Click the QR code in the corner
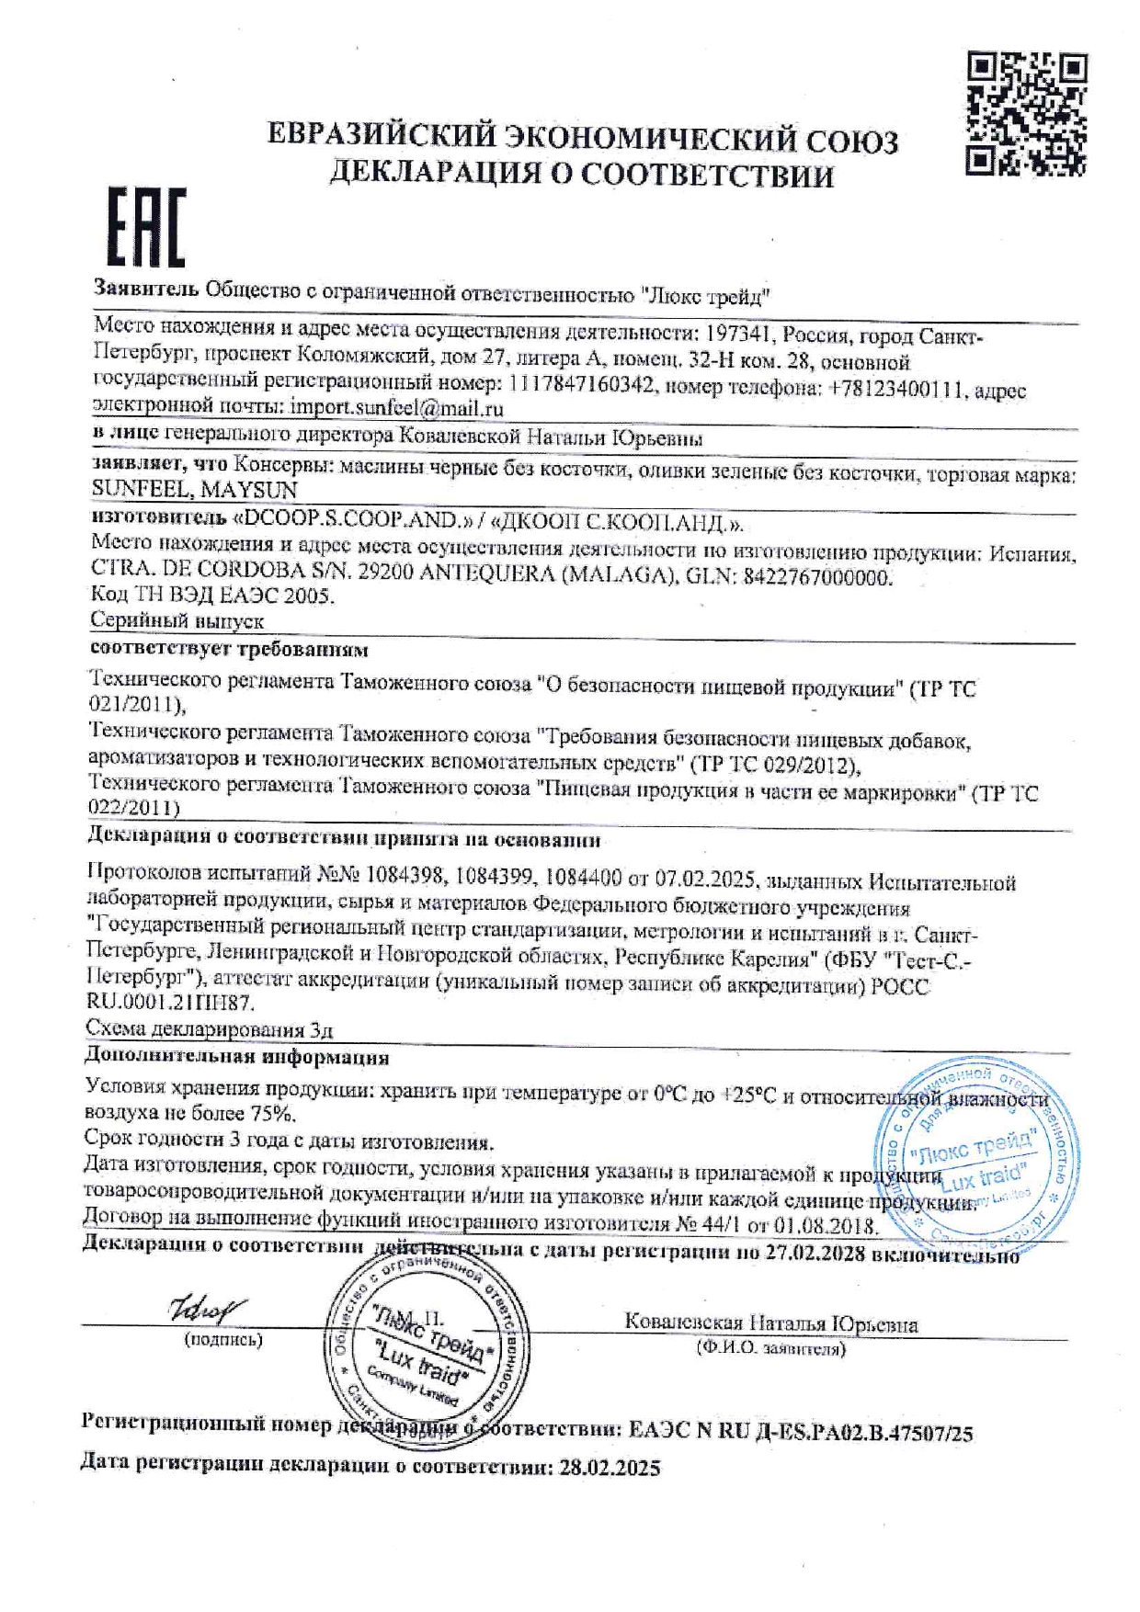point(1028,115)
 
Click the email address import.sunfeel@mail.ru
point(396,407)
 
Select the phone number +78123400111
point(896,389)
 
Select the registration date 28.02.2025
point(610,1468)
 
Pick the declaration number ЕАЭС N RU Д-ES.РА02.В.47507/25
point(800,1431)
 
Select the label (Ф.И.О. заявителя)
point(770,1349)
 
